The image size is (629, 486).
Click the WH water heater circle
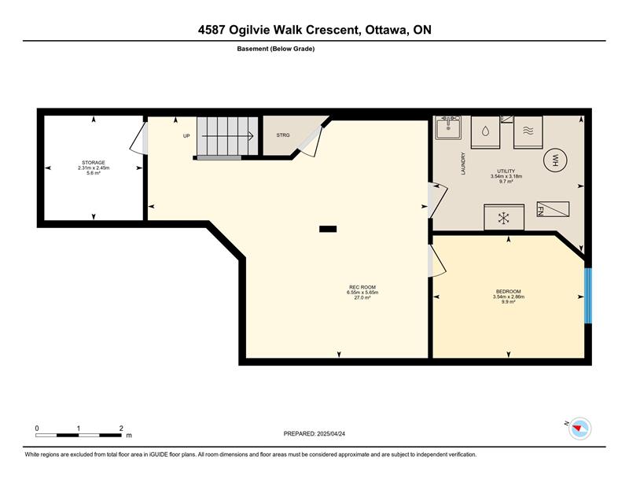click(x=555, y=160)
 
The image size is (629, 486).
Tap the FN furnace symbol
click(x=553, y=209)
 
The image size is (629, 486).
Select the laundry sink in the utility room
click(x=448, y=127)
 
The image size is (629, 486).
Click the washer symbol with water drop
click(x=485, y=132)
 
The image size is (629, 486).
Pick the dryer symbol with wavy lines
click(x=528, y=132)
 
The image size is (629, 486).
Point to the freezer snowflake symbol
click(x=504, y=218)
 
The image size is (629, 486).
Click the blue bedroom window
click(x=587, y=296)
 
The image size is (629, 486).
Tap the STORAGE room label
click(x=94, y=163)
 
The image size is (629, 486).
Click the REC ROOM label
click(x=362, y=287)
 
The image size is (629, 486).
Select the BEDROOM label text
click(x=508, y=291)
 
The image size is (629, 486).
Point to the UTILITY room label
click(x=506, y=171)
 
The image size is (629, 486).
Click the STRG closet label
click(x=283, y=135)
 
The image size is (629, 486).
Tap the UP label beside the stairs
click(x=186, y=136)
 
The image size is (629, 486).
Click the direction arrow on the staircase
click(x=227, y=136)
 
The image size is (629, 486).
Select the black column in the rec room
click(x=328, y=229)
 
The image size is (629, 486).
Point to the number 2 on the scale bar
click(x=121, y=429)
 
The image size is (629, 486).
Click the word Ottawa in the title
click(x=384, y=30)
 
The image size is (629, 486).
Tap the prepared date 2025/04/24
click(x=331, y=434)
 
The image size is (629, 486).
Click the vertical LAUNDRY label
click(x=463, y=164)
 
